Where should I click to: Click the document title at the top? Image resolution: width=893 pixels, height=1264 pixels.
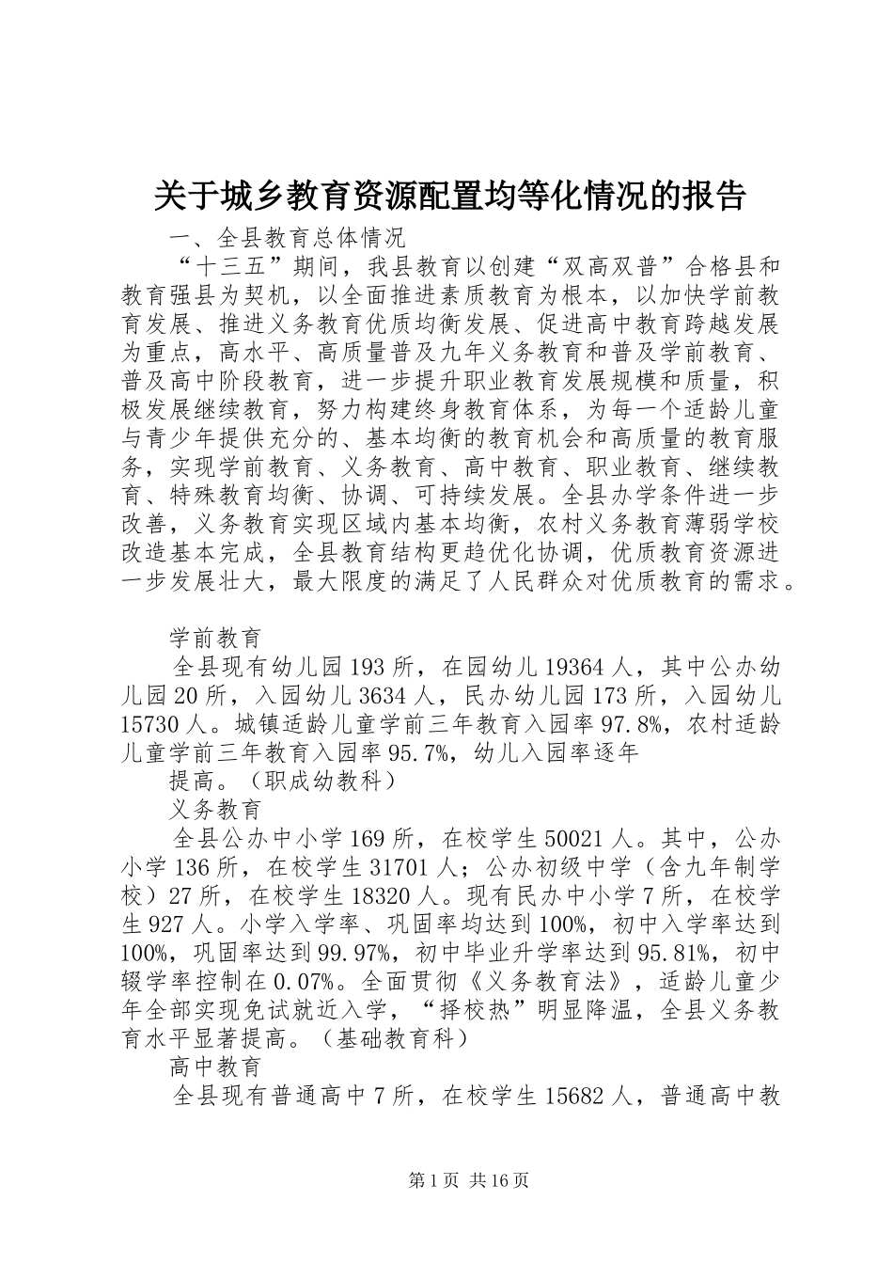tap(449, 196)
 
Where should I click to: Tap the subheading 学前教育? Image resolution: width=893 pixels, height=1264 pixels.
tap(215, 638)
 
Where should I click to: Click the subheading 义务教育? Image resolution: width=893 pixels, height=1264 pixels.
tap(215, 809)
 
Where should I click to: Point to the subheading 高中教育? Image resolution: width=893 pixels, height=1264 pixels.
tap(215, 1066)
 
